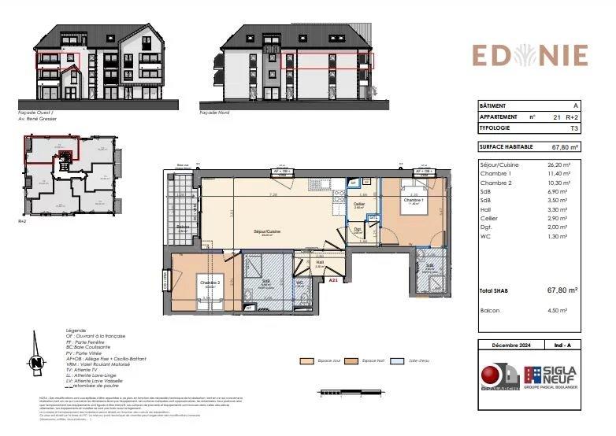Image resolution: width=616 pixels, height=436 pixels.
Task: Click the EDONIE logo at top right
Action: click(529, 55)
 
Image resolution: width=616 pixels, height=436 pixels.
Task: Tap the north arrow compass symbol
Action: click(36, 363)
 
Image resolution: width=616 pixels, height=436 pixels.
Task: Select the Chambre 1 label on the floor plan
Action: click(414, 200)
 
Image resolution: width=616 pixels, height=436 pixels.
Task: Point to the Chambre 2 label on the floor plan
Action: click(209, 283)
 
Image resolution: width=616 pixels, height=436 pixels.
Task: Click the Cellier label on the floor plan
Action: click(358, 204)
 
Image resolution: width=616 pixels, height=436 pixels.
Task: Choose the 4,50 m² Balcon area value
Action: click(566, 311)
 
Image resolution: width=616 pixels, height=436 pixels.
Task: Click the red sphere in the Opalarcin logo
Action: click(494, 373)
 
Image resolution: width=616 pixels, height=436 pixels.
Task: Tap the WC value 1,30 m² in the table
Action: click(566, 236)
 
